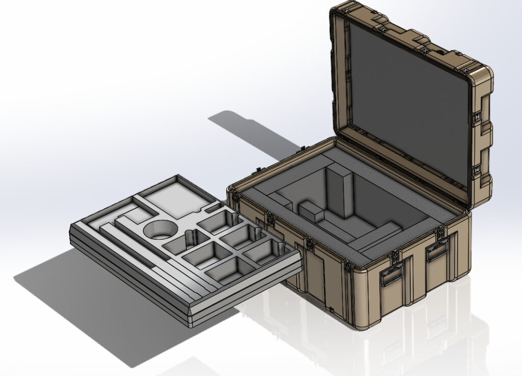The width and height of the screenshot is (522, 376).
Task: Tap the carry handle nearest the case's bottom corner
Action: (x=391, y=276)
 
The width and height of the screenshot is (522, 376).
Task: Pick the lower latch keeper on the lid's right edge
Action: (x=478, y=169)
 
